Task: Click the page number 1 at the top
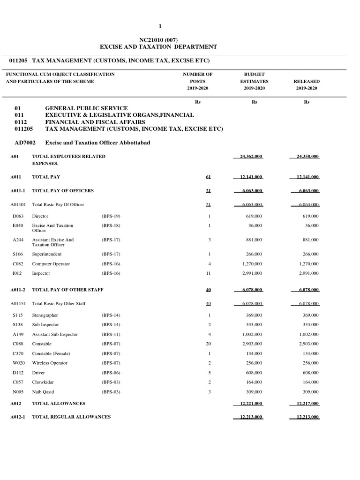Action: (160, 26)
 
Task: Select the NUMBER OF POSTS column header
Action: (197, 81)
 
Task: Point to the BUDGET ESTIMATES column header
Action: (254, 81)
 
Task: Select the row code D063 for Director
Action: (18, 216)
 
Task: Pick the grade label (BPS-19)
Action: (111, 216)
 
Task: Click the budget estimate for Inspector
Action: (253, 273)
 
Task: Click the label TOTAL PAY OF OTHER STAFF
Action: (67, 290)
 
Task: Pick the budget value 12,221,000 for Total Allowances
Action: (248, 403)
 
